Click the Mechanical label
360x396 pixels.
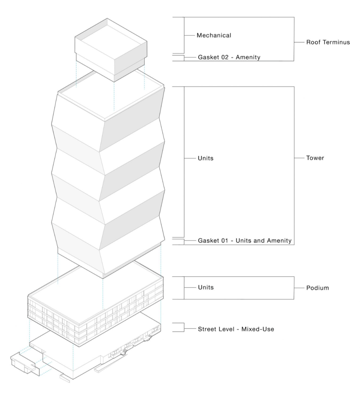pyautogui.click(x=214, y=35)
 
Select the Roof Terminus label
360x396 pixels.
pyautogui.click(x=328, y=42)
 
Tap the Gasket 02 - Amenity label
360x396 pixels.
pyautogui.click(x=229, y=57)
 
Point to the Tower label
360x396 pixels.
pyautogui.click(x=315, y=158)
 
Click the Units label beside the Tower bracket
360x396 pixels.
pyautogui.click(x=206, y=158)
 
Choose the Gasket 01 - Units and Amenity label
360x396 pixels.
pyautogui.click(x=245, y=241)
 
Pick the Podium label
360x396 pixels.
pyautogui.click(x=317, y=288)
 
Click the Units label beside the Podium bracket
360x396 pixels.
pyautogui.click(x=206, y=287)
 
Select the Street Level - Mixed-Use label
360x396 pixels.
pyautogui.click(x=236, y=329)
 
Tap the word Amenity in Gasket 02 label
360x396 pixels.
pyautogui.click(x=248, y=57)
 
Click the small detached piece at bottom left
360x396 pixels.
pyautogui.click(x=23, y=362)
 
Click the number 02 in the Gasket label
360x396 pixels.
pyautogui.click(x=225, y=57)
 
